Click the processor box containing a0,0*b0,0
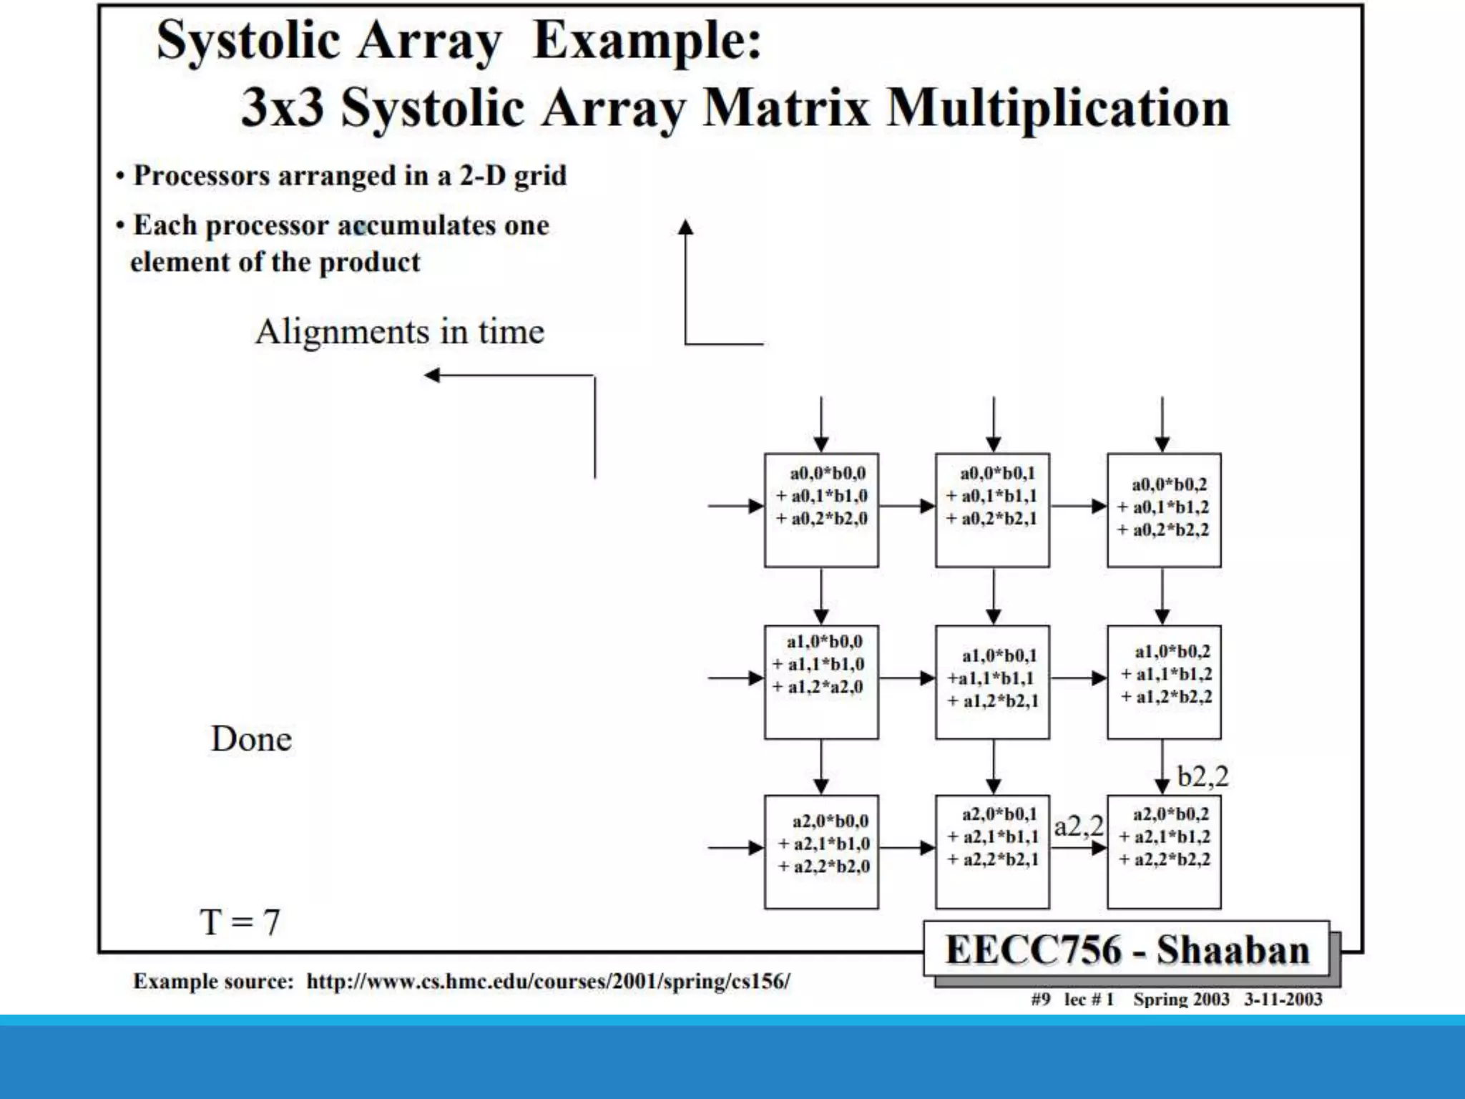coord(821,510)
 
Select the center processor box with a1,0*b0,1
coord(992,682)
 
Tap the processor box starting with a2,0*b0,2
coord(1164,851)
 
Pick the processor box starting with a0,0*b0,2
coord(1164,510)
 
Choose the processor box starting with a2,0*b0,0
coord(821,851)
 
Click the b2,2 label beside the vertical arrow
coord(1202,776)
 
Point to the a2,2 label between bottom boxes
coord(1079,826)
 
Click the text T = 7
coord(240,922)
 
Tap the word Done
coord(251,739)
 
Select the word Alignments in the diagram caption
coord(342,332)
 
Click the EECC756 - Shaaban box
coord(1127,950)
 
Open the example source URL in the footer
coord(548,981)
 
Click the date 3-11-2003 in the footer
coord(1283,1000)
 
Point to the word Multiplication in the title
coord(1058,109)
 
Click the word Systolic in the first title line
coord(248,41)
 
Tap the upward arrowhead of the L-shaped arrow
coord(685,228)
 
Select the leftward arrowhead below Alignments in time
coord(432,375)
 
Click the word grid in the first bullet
coord(540,176)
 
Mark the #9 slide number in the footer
coord(1041,1000)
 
